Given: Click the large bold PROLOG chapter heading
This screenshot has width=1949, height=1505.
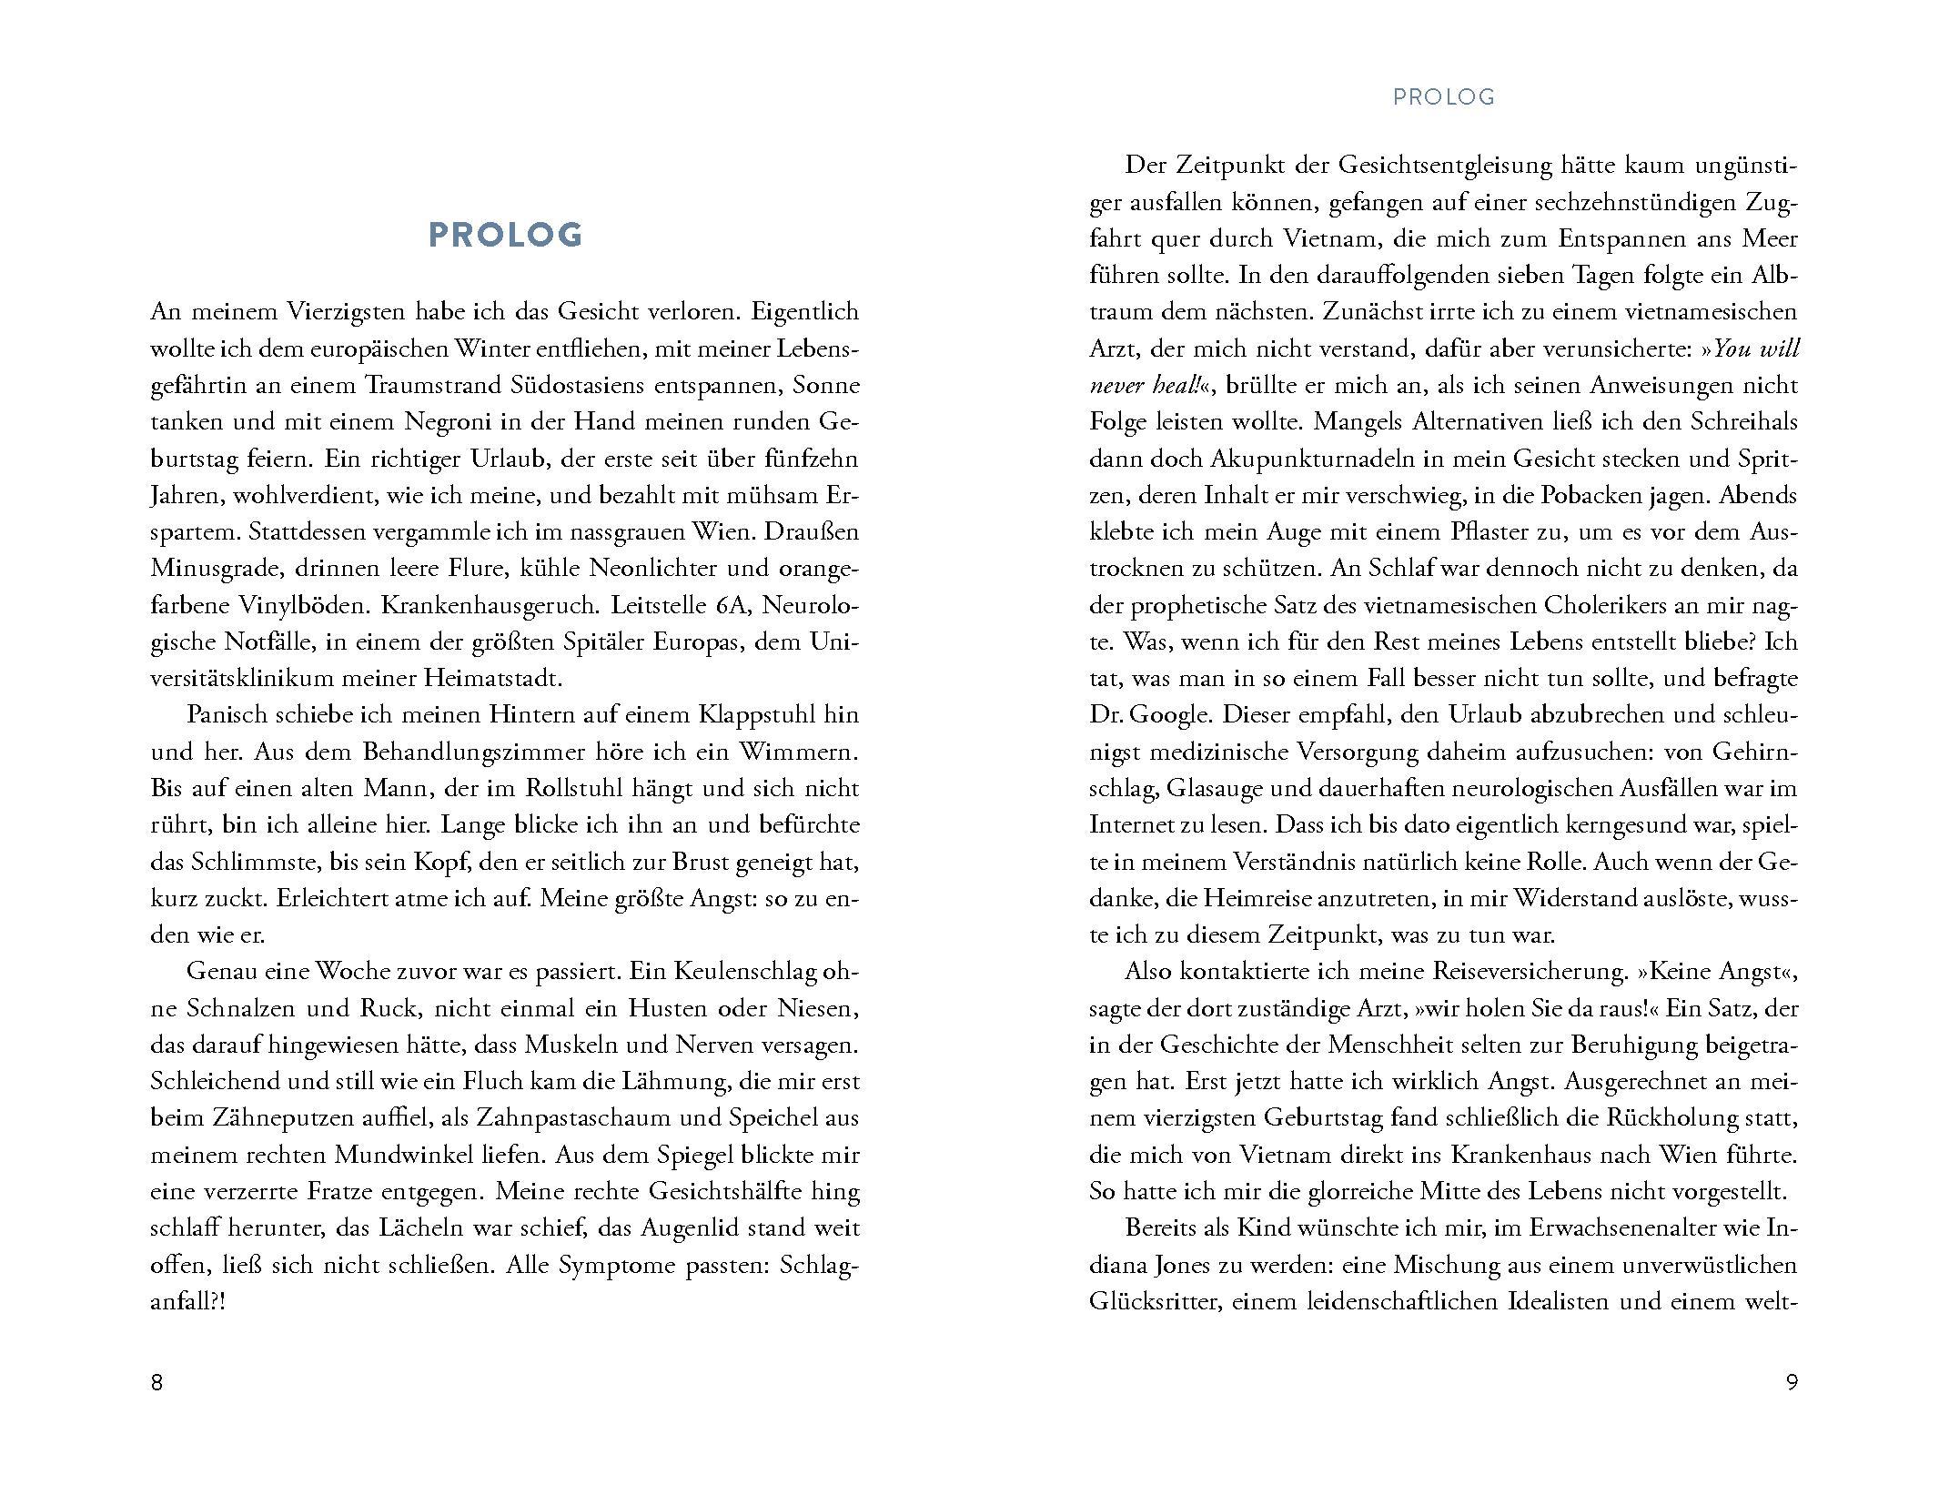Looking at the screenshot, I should (505, 235).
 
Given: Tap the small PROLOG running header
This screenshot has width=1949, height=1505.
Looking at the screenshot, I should (1444, 97).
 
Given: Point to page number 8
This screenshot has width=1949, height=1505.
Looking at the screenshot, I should (157, 1382).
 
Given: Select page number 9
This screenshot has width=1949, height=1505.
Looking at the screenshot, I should (1792, 1382).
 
